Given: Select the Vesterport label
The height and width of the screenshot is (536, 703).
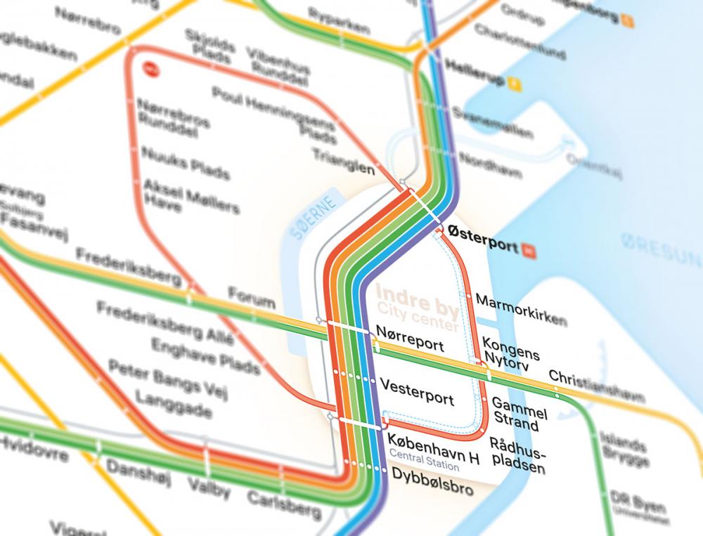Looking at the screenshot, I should pyautogui.click(x=416, y=392).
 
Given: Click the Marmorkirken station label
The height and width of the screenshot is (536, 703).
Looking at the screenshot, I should pyautogui.click(x=520, y=309).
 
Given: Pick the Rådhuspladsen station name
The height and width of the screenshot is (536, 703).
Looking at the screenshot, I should pyautogui.click(x=518, y=456).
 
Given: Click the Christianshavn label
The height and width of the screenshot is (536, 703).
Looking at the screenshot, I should pyautogui.click(x=596, y=387).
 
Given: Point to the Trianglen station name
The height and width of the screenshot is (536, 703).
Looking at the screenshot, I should pyautogui.click(x=344, y=162).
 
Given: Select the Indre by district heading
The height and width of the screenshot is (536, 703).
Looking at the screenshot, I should pyautogui.click(x=418, y=299).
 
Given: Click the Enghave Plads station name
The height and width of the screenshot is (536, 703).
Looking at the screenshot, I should pyautogui.click(x=205, y=355).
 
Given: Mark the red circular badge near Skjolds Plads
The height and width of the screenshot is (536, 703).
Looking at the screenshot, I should pyautogui.click(x=150, y=68).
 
